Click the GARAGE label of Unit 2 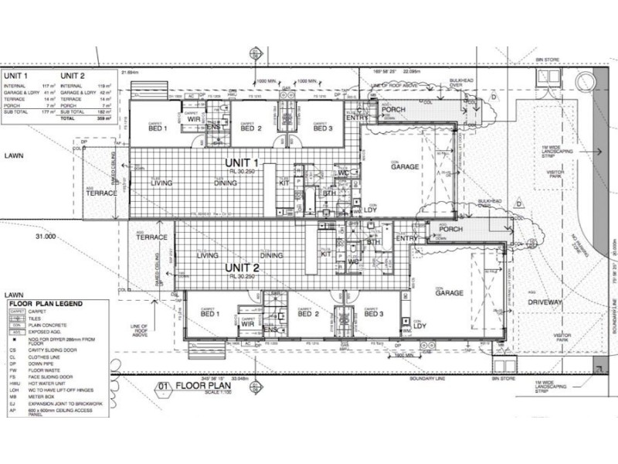point(448,293)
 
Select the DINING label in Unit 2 point(271,255)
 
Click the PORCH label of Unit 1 point(394,111)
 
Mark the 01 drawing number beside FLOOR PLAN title point(163,384)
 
